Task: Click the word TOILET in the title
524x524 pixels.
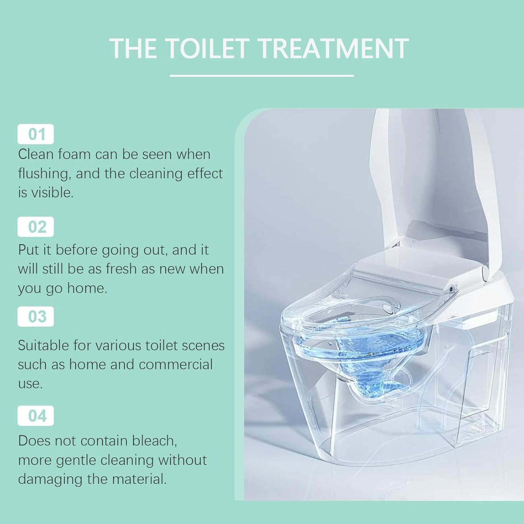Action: (x=208, y=49)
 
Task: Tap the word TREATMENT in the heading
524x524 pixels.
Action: (x=334, y=49)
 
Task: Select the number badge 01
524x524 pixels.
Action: (x=36, y=134)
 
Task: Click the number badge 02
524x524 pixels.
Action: (x=36, y=227)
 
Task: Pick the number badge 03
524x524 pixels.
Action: (x=36, y=317)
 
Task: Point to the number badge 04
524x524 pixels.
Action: (x=36, y=416)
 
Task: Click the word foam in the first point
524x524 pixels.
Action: (x=74, y=154)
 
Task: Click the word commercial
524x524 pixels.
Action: (x=176, y=364)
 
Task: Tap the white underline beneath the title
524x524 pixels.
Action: (x=261, y=76)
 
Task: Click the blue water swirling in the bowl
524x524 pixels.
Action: (x=366, y=348)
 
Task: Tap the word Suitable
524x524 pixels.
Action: (x=43, y=346)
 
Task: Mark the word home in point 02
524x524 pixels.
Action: (x=87, y=288)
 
